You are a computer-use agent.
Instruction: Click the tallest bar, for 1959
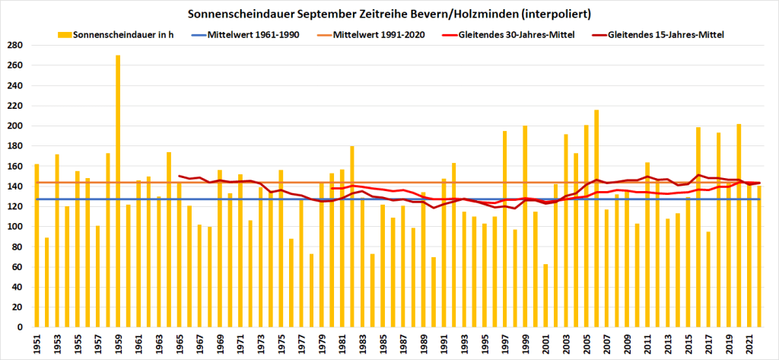[x=118, y=190]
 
